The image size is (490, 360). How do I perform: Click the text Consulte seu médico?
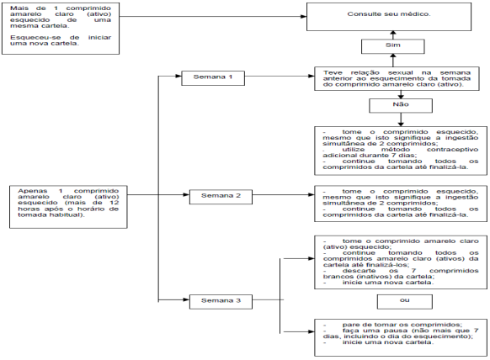389,13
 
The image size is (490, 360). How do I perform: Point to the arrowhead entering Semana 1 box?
178,76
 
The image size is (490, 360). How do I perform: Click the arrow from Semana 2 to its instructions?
284,195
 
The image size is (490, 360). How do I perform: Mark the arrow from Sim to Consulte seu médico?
393,35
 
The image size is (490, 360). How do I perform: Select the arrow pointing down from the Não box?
401,119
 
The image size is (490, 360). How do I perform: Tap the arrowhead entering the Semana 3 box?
186,299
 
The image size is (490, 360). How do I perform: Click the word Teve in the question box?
333,72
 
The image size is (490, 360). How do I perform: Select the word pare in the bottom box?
351,325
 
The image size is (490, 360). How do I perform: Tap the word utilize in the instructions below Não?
353,150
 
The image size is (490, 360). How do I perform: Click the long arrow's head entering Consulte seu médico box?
303,17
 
